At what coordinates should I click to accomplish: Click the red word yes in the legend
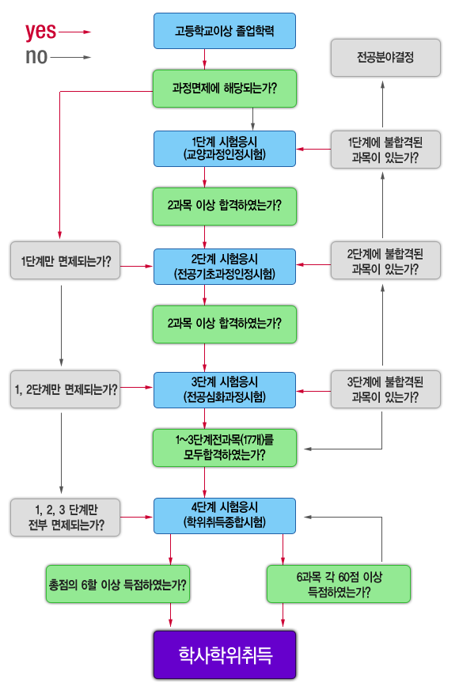pos(40,32)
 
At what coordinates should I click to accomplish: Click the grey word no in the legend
pos(36,57)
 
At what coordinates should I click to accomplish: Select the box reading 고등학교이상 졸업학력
pos(225,31)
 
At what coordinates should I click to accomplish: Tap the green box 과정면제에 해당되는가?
pos(225,88)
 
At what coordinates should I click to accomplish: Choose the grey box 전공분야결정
pos(385,58)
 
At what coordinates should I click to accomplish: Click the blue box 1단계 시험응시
pos(225,149)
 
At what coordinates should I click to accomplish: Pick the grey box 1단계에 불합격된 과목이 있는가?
pos(385,150)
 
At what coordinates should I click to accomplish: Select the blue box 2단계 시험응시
pos(225,267)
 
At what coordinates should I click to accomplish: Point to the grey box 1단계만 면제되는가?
pos(66,260)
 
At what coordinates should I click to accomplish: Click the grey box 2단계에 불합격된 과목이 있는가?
pos(385,260)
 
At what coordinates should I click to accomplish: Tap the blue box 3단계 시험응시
pos(225,390)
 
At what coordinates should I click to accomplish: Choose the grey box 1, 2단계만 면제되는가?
pos(66,389)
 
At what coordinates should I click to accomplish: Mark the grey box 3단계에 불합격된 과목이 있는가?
pos(385,389)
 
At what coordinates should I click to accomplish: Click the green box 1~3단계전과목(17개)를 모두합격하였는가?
pos(225,447)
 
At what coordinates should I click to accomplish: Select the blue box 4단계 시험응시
pos(225,516)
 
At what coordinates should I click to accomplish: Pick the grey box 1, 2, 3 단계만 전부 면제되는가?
pos(66,518)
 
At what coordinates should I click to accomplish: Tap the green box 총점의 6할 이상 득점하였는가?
pos(118,584)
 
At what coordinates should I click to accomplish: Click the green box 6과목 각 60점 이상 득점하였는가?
pos(339,584)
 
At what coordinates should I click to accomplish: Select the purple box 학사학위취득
pos(225,654)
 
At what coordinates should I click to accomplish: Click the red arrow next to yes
pos(75,32)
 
